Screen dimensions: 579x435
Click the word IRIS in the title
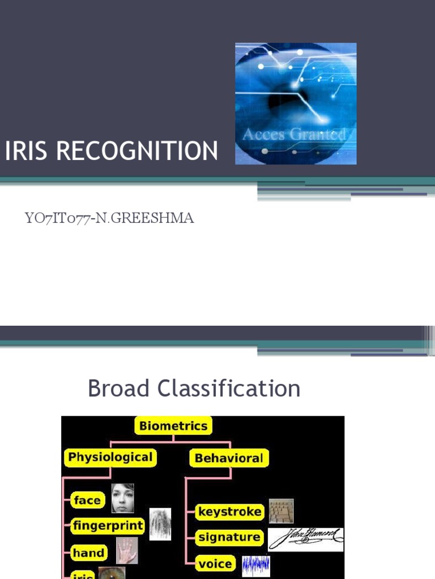click(24, 151)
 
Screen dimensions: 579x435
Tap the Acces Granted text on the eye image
click(294, 135)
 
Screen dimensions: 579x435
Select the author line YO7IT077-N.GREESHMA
click(109, 218)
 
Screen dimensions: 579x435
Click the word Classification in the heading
click(229, 388)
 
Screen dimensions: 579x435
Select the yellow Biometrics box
click(173, 426)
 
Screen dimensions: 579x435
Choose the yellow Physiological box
click(110, 457)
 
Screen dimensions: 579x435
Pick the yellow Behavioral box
click(229, 458)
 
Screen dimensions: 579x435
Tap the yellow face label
click(87, 500)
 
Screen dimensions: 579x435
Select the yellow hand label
click(89, 552)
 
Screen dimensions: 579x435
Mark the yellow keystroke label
click(230, 512)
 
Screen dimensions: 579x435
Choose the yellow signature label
click(229, 538)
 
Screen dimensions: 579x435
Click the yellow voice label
click(216, 564)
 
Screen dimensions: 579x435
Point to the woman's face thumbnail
click(123, 498)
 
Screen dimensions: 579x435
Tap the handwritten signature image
click(306, 539)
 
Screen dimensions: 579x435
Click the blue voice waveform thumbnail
click(256, 565)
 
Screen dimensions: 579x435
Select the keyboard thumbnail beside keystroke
click(281, 511)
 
